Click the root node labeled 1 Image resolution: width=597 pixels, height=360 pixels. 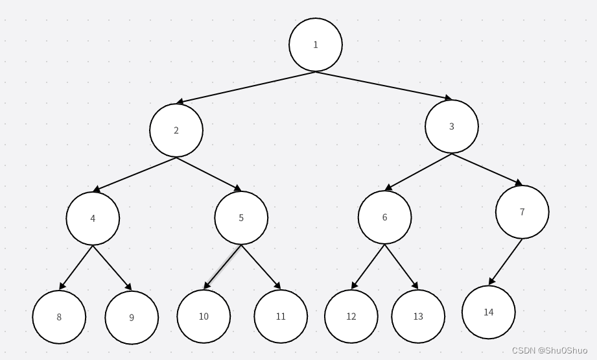pyautogui.click(x=316, y=45)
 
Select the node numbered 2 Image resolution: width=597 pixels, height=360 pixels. pyautogui.click(x=176, y=130)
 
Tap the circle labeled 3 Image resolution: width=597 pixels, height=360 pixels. pyautogui.click(x=452, y=126)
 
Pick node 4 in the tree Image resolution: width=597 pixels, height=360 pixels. pyautogui.click(x=93, y=219)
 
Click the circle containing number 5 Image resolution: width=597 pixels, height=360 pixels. pyautogui.click(x=241, y=218)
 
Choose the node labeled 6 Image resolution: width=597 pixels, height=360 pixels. pyautogui.click(x=384, y=217)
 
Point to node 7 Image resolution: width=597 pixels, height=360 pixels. pyautogui.click(x=522, y=212)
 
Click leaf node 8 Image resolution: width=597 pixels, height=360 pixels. pyautogui.click(x=59, y=317)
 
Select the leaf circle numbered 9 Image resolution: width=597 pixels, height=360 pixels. pyautogui.click(x=132, y=318)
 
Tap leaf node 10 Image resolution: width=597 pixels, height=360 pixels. pyautogui.click(x=204, y=317)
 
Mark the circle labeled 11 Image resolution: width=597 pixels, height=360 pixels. pyautogui.click(x=281, y=317)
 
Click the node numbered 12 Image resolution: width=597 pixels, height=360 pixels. pyautogui.click(x=351, y=317)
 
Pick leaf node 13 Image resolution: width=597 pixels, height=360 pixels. pyautogui.click(x=418, y=317)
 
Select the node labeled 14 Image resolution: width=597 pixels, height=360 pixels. pyautogui.click(x=489, y=312)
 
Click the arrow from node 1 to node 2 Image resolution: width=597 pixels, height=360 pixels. pyautogui.click(x=246, y=87)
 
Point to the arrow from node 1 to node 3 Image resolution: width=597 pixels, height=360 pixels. pyautogui.click(x=384, y=85)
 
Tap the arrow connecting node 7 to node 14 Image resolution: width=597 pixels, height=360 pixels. pyautogui.click(x=506, y=261)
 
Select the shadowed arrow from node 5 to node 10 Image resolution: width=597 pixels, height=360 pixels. pyautogui.click(x=223, y=267)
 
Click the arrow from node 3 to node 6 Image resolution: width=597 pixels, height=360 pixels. pyautogui.click(x=418, y=172)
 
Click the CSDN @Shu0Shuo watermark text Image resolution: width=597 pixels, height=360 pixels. pyautogui.click(x=550, y=350)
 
